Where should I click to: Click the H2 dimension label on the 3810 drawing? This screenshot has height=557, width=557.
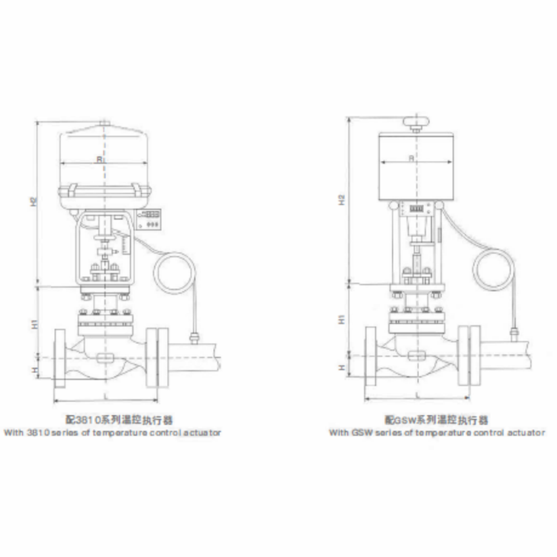pyautogui.click(x=34, y=202)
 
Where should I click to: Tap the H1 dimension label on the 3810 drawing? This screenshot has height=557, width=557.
pyautogui.click(x=34, y=325)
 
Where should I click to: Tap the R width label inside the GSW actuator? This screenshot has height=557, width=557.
pyautogui.click(x=411, y=158)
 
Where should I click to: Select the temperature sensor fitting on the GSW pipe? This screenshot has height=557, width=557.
pyautogui.click(x=513, y=332)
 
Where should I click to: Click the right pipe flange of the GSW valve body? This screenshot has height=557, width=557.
pyautogui.click(x=469, y=356)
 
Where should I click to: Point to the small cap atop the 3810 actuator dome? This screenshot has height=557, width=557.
pyautogui.click(x=103, y=124)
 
